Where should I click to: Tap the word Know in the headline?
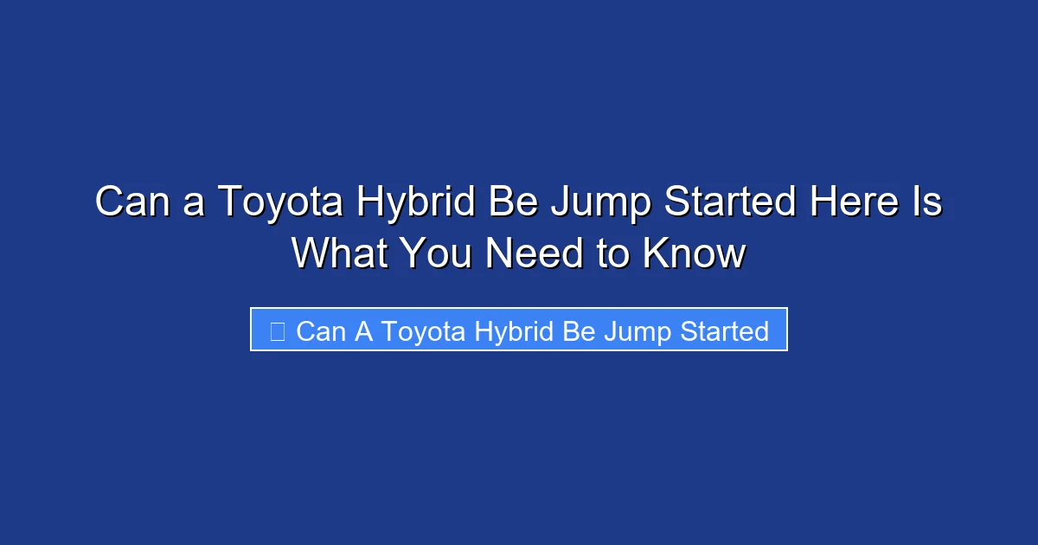click(x=695, y=253)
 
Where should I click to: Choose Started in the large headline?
click(x=729, y=202)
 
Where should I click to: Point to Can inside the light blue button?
click(x=321, y=331)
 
